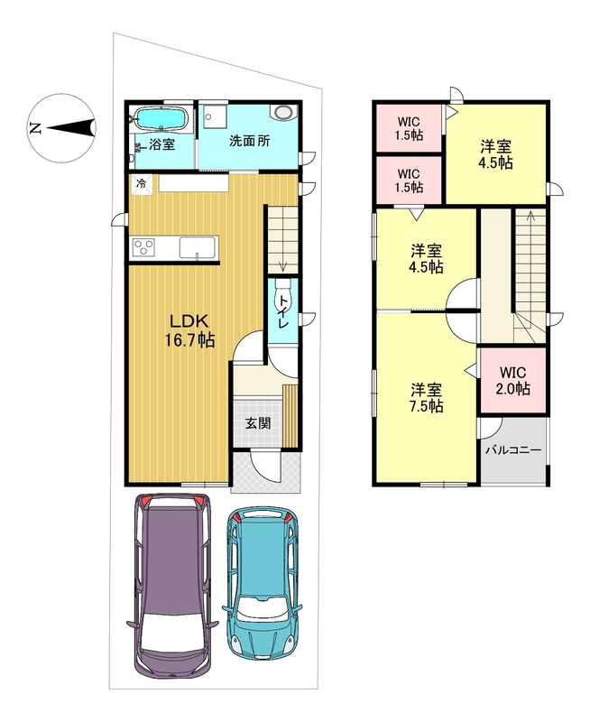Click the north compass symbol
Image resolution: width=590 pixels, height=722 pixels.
pos(61,128)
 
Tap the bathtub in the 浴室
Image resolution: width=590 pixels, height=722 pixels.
pos(161,119)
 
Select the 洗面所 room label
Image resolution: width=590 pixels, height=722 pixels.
pos(249,141)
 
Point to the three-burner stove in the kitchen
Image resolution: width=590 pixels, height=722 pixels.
pos(143,247)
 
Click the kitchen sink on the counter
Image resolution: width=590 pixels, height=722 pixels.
pos(198,247)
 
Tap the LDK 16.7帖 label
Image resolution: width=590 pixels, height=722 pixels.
pos(189,330)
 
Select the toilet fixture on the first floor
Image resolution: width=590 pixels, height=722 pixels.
pos(282,298)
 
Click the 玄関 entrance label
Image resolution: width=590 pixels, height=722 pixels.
pos(258,423)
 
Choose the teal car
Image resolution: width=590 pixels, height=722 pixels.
pos(263,582)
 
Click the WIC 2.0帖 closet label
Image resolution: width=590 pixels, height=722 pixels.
pos(512,380)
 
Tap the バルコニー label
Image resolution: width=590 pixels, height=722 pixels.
pos(513,449)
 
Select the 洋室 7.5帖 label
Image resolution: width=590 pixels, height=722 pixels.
pos(426,398)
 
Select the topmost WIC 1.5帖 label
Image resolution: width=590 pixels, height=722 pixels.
pos(409,129)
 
